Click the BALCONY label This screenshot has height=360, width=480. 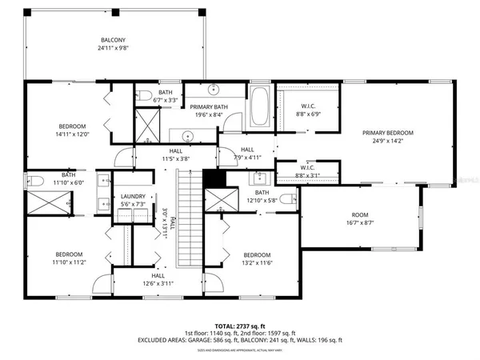click(x=112, y=40)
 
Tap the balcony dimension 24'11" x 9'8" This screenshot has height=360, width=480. click(x=112, y=48)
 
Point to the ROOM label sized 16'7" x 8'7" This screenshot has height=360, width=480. click(x=360, y=215)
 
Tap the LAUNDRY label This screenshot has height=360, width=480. click(x=133, y=197)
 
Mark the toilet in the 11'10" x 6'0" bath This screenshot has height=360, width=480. click(x=34, y=179)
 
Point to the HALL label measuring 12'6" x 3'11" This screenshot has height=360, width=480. click(x=145, y=275)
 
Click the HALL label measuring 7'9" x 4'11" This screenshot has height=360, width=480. click(x=246, y=150)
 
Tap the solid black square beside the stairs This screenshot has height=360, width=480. click(x=212, y=178)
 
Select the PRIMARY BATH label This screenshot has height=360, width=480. click(x=208, y=106)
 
